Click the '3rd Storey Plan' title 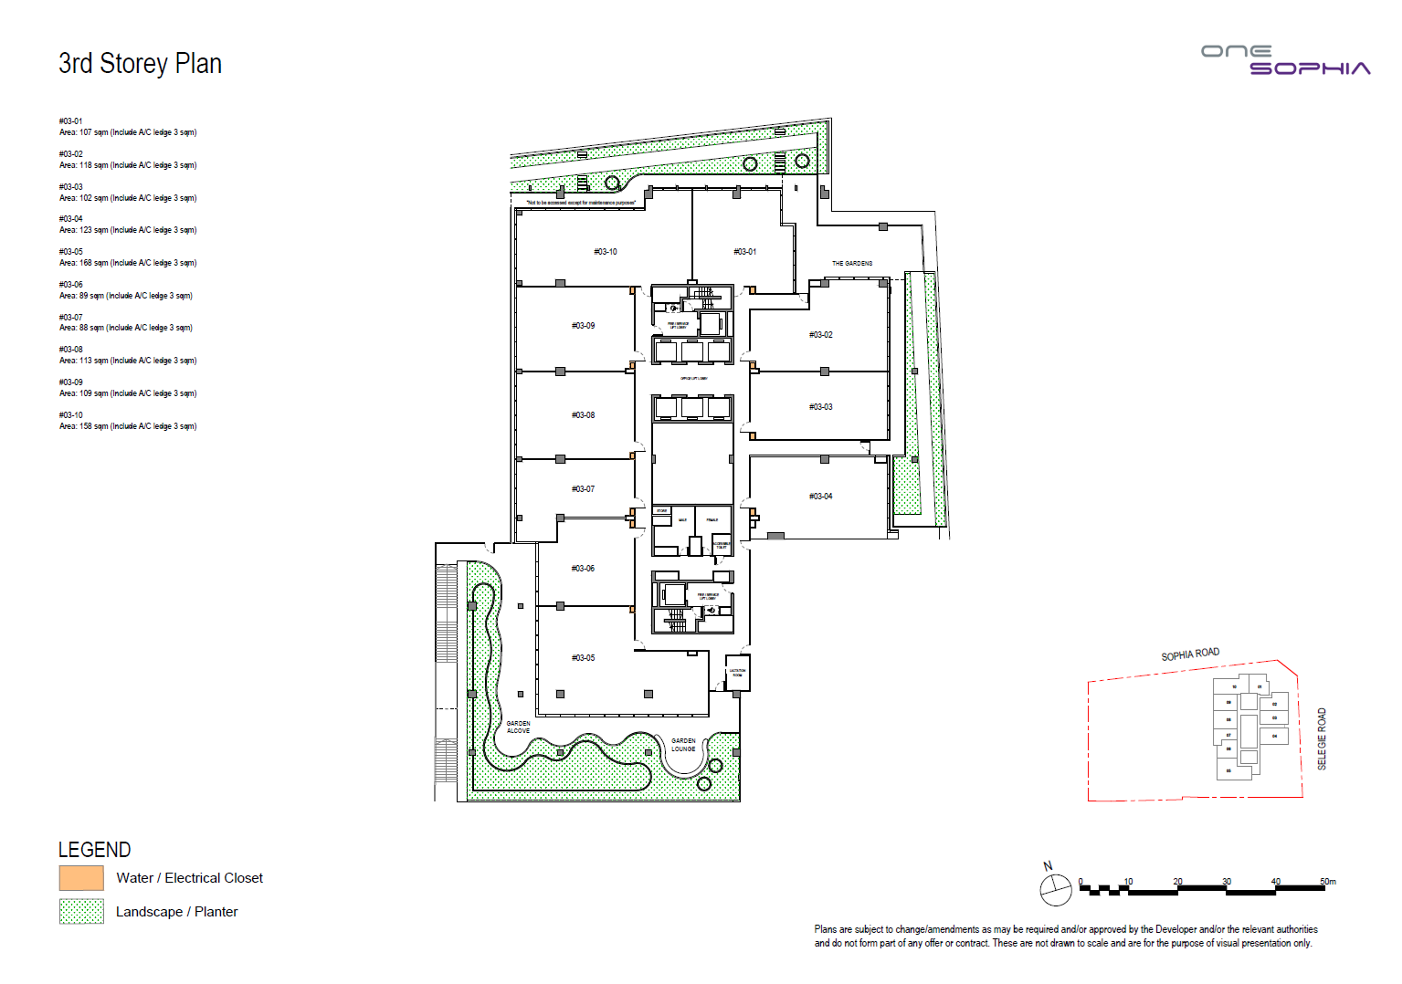click(140, 64)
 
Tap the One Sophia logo click(1285, 60)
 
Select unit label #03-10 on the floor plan click(605, 252)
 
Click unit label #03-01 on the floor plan click(744, 252)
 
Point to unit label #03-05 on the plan click(583, 658)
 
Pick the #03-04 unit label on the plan click(820, 497)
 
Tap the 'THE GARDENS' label click(851, 264)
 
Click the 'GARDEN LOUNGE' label click(683, 745)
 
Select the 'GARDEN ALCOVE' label click(518, 728)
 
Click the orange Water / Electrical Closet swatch click(81, 878)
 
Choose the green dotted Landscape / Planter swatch click(81, 912)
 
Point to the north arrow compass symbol click(1055, 888)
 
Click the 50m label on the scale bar click(1327, 882)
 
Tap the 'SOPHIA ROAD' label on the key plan click(1189, 654)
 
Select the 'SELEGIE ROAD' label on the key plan click(1321, 738)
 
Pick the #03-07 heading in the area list click(70, 318)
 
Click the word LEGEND click(94, 850)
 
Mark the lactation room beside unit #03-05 click(737, 673)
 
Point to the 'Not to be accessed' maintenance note click(581, 203)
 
